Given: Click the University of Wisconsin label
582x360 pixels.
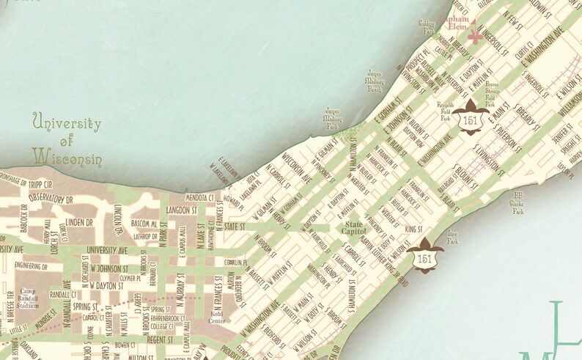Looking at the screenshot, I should (x=67, y=139).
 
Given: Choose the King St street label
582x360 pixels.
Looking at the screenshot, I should (x=413, y=229).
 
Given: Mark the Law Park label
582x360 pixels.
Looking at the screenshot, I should (x=453, y=238).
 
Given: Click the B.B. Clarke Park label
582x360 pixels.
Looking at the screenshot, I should (x=518, y=202).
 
